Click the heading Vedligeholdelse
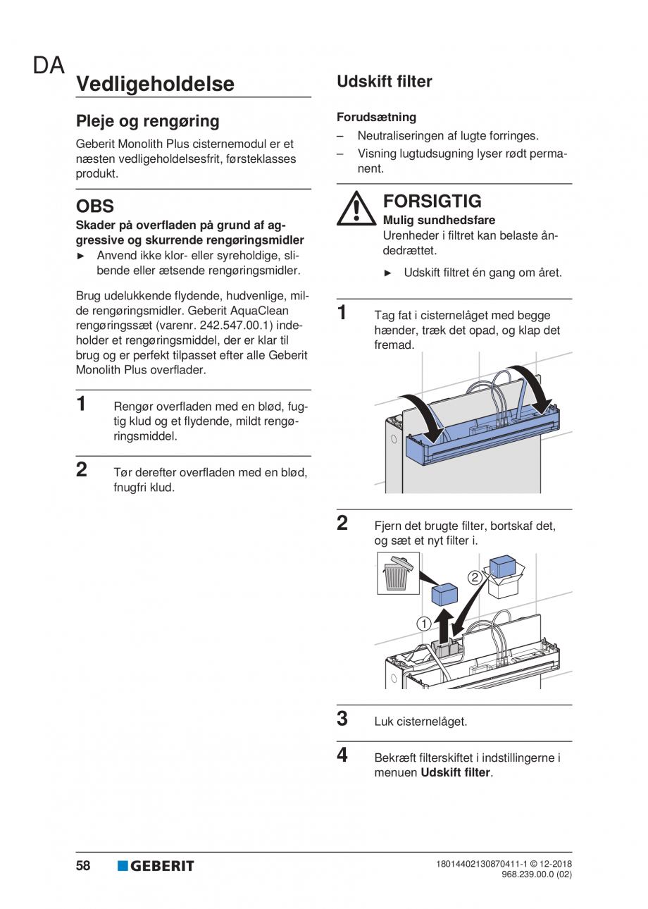(155, 84)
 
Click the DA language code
(49, 66)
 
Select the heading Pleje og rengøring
(148, 121)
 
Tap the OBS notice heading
(95, 207)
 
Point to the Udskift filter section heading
(384, 82)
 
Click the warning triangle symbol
(359, 209)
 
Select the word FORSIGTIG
(432, 202)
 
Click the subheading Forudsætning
(376, 117)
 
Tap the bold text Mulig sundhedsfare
(439, 220)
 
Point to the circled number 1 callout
(423, 623)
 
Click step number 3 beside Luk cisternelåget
(342, 719)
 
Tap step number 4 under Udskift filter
(342, 755)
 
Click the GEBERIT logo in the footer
(156, 866)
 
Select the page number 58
(83, 866)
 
